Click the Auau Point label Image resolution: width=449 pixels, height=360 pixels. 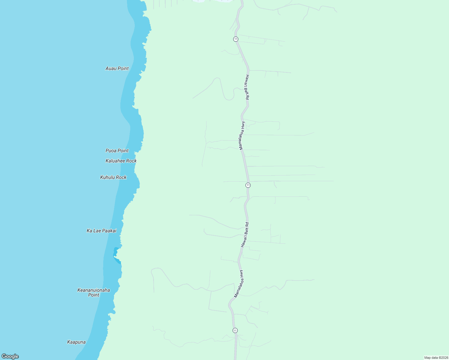pyautogui.click(x=117, y=68)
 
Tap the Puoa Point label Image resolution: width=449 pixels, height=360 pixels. pyautogui.click(x=117, y=151)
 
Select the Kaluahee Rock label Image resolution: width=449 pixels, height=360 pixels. pyautogui.click(x=121, y=161)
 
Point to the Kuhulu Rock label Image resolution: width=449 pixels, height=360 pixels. pyautogui.click(x=113, y=177)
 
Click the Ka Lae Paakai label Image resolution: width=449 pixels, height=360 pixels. pyautogui.click(x=101, y=231)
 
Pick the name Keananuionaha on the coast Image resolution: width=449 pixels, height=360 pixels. pyautogui.click(x=94, y=290)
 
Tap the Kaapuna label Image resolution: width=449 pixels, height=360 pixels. pyautogui.click(x=77, y=342)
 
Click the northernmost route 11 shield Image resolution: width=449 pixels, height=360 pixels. pyautogui.click(x=236, y=39)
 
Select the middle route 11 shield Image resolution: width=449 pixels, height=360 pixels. pyautogui.click(x=248, y=185)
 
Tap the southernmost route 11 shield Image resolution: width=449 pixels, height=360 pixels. pyautogui.click(x=235, y=330)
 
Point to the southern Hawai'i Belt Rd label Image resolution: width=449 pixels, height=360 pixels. pyautogui.click(x=245, y=235)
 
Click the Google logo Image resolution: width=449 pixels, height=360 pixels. pyautogui.click(x=10, y=356)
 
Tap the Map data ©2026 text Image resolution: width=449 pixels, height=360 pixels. pyautogui.click(x=436, y=358)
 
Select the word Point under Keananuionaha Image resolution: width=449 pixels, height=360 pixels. pyautogui.click(x=94, y=295)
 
